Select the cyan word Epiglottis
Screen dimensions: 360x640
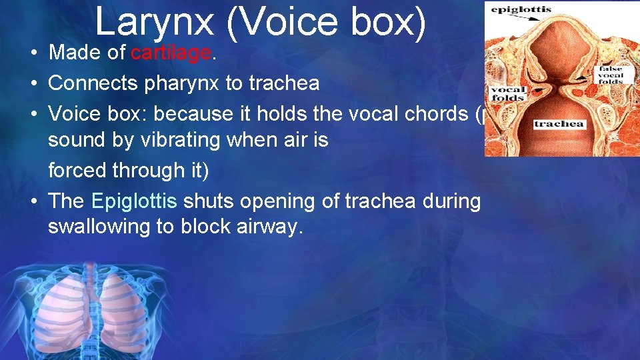(x=134, y=200)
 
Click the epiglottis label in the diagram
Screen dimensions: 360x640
(x=521, y=10)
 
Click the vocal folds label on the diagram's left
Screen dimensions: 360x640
(x=508, y=94)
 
